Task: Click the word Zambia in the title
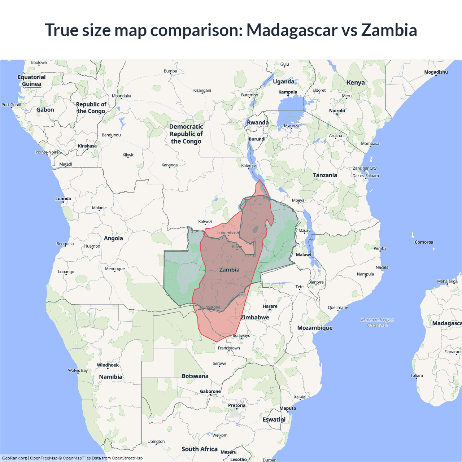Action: pos(389,30)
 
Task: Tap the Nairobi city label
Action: pos(337,111)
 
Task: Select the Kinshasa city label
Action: pos(87,146)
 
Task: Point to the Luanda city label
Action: pos(63,199)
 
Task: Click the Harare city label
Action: pos(270,306)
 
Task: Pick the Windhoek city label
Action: pos(108,365)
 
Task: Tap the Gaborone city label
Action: pos(210,391)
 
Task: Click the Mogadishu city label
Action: pos(436,72)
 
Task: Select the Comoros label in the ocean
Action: pos(424,242)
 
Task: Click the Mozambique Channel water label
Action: pos(377,322)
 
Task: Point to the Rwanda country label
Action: pos(258,122)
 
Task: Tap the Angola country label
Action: pos(113,238)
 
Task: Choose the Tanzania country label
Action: pos(325,175)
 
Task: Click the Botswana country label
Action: pos(195,376)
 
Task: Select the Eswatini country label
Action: pos(274,419)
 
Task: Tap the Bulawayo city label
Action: pos(241,335)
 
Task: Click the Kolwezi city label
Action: pos(205,222)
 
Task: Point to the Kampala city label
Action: pos(288,92)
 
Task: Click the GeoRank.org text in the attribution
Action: pos(14,458)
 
